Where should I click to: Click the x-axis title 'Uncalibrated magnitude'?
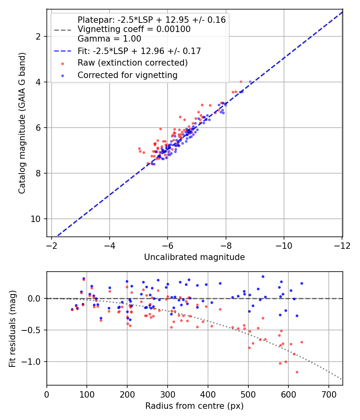[194, 257]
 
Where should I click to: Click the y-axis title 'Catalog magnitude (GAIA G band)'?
[22, 123]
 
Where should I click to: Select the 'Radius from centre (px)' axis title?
[194, 406]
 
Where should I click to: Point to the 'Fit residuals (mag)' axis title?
[12, 328]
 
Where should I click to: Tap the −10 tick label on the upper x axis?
[284, 246]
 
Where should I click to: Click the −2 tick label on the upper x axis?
[51, 246]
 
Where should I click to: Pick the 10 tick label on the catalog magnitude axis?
[35, 219]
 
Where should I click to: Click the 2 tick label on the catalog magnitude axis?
[38, 36]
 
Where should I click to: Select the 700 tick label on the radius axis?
[329, 394]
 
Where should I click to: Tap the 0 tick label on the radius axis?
[47, 394]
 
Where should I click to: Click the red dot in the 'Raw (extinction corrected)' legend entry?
[63, 64]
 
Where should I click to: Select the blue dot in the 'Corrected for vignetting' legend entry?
[63, 76]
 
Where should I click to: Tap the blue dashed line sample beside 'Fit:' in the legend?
[63, 51]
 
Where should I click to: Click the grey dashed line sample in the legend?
[63, 30]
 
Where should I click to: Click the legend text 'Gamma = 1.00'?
[109, 39]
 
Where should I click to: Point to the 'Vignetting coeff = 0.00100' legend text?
[134, 29]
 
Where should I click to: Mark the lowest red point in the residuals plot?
[297, 372]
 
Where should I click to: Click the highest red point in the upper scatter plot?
[241, 82]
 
